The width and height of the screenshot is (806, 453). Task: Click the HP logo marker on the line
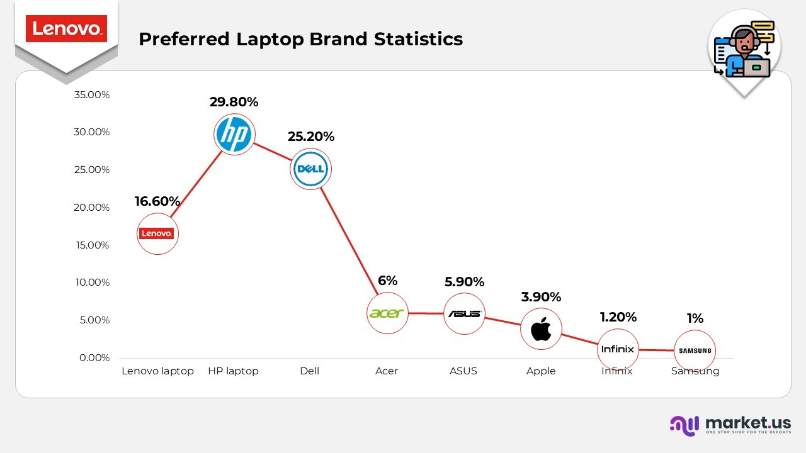click(x=234, y=135)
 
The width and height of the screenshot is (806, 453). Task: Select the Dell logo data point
click(x=310, y=169)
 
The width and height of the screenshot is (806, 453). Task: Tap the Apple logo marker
click(x=541, y=328)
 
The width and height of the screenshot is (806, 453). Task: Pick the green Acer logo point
click(x=387, y=313)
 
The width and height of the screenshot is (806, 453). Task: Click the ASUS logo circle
click(x=464, y=313)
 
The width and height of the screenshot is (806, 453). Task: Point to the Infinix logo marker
click(x=618, y=349)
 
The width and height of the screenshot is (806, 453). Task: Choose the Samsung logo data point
click(x=695, y=350)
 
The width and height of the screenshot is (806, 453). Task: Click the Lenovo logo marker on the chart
click(x=157, y=233)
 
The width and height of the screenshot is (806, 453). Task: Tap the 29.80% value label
click(x=234, y=102)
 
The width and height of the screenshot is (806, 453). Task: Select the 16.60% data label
click(x=157, y=201)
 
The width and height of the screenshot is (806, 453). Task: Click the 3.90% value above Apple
click(x=541, y=297)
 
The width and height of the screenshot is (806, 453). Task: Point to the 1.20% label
click(x=618, y=317)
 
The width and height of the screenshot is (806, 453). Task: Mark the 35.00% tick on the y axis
click(x=92, y=95)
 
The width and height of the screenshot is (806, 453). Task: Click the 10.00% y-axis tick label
click(x=92, y=282)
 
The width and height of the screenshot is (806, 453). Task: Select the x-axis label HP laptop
click(x=233, y=371)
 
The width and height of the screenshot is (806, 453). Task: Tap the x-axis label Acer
click(x=387, y=371)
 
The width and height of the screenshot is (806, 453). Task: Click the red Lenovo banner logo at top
click(x=66, y=29)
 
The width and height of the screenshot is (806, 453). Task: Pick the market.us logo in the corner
click(x=730, y=425)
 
